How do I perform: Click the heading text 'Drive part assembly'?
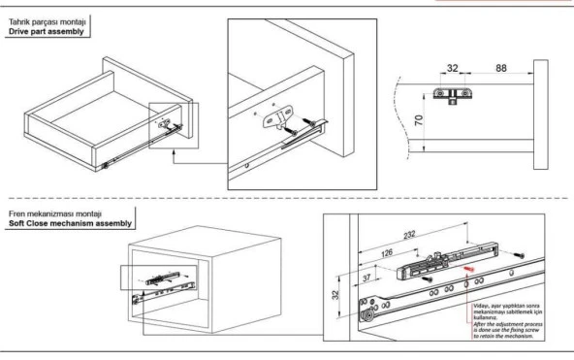coord(49,31)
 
